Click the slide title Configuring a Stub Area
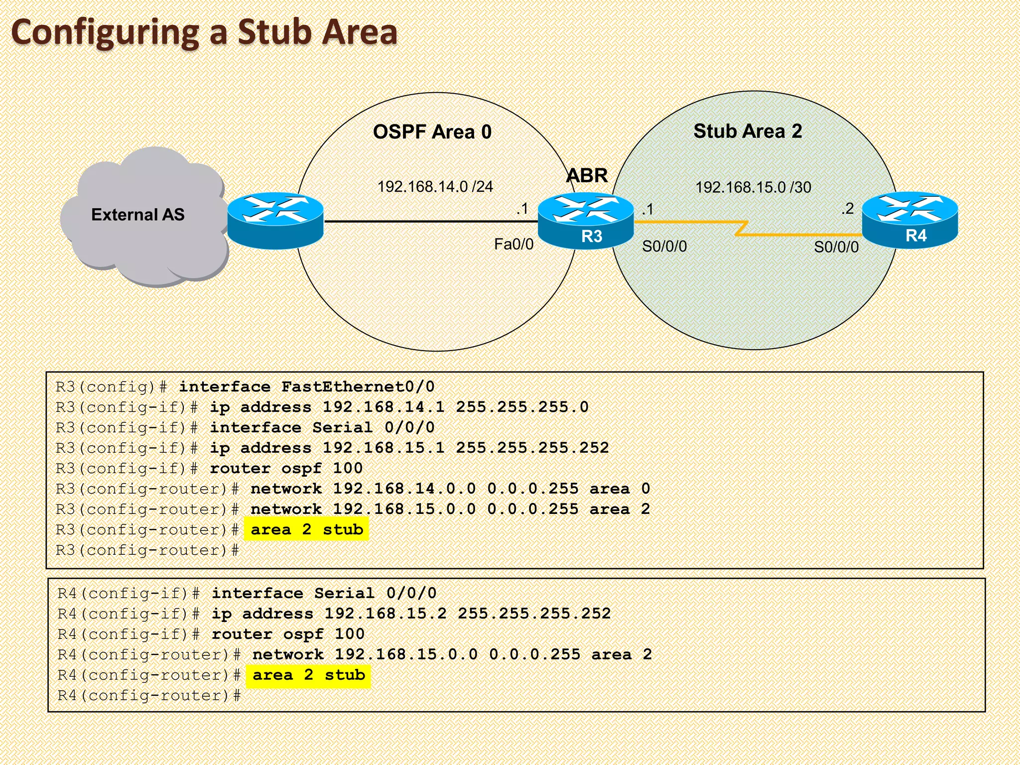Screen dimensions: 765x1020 [x=204, y=32]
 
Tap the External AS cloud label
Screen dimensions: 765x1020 [x=138, y=215]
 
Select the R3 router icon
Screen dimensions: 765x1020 [x=586, y=221]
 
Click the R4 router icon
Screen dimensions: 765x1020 [x=909, y=220]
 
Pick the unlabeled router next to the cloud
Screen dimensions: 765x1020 [x=275, y=221]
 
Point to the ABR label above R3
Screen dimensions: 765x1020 [x=587, y=176]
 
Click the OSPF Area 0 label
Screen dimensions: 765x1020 [x=432, y=132]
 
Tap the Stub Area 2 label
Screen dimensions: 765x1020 [x=748, y=131]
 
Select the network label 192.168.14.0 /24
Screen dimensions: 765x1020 [x=435, y=187]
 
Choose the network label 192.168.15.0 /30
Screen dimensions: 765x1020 [x=753, y=188]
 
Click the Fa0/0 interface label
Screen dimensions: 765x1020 [x=513, y=244]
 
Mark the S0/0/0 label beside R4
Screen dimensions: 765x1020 [x=836, y=247]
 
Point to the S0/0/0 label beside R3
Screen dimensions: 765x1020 [x=664, y=246]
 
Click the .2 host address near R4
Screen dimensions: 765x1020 [x=847, y=209]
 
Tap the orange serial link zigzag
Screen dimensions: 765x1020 [x=742, y=228]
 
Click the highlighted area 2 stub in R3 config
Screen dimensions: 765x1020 [x=307, y=529]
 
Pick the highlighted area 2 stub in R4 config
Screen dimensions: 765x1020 [x=309, y=675]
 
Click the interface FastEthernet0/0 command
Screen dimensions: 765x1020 [x=307, y=386]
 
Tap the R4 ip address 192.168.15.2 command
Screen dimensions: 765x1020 [x=411, y=614]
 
